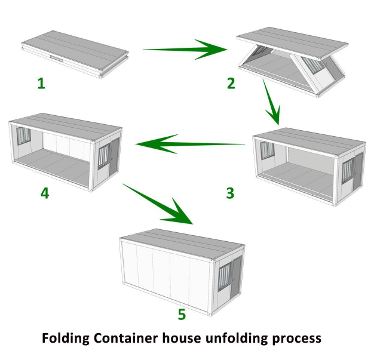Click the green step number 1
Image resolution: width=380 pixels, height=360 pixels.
[41, 84]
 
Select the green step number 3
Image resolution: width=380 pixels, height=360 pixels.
[231, 193]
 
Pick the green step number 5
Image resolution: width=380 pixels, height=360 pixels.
[182, 313]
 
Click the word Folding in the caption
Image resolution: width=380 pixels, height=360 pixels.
[65, 338]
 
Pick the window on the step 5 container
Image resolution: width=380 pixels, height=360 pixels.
[223, 276]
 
